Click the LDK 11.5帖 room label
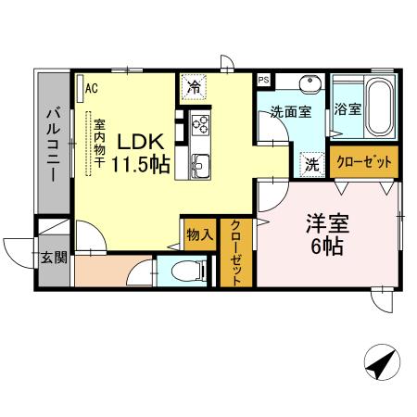coord(140,153)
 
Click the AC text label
coord(92,88)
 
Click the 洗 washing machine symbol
coord(312,163)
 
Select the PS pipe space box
coord(264,81)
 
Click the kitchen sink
coord(201,168)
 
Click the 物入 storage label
coord(198,234)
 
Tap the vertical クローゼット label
coord(236,254)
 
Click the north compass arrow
coord(379,364)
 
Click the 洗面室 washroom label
coord(290,112)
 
